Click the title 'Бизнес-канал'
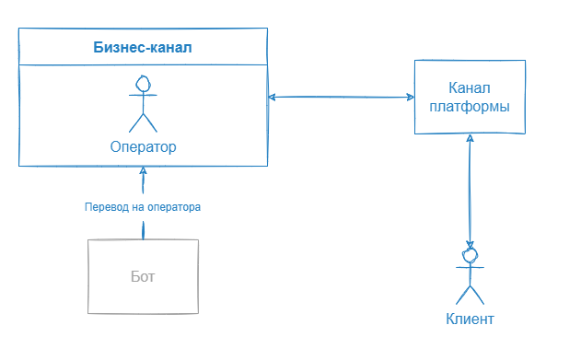143,47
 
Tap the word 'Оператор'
143,146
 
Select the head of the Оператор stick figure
143,84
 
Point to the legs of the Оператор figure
143,122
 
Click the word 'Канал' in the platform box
469,88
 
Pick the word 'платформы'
469,106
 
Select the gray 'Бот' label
143,276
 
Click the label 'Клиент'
471,319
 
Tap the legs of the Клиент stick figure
471,294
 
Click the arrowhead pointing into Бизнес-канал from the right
273,97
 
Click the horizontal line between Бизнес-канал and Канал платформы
341,97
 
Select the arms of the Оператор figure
143,96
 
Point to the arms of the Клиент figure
471,267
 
